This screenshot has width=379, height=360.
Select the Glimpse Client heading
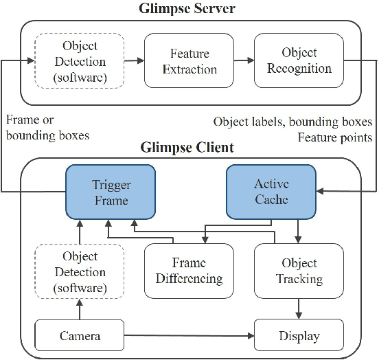pyautogui.click(x=187, y=148)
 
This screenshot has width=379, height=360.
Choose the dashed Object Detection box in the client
pyautogui.click(x=81, y=271)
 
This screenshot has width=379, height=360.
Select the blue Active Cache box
pyautogui.click(x=272, y=192)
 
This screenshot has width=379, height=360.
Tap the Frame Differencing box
pyautogui.click(x=189, y=271)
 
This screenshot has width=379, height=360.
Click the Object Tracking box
pyautogui.click(x=299, y=271)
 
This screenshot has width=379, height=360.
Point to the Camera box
pyautogui.click(x=80, y=336)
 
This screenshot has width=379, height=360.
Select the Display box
pyautogui.click(x=299, y=336)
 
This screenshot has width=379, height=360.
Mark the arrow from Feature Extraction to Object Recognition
pyautogui.click(x=244, y=61)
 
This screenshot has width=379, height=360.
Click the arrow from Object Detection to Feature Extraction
pyautogui.click(x=135, y=61)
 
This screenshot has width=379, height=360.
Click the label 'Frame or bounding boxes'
pyautogui.click(x=47, y=128)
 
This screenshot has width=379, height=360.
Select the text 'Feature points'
pyautogui.click(x=334, y=137)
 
